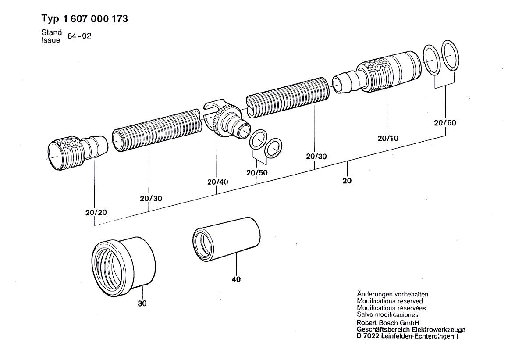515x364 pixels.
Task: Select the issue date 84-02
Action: click(79, 36)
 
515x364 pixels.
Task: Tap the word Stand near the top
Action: click(51, 32)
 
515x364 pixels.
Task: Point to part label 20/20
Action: click(96, 212)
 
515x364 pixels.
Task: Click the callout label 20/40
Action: click(218, 182)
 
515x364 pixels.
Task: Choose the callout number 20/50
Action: click(257, 173)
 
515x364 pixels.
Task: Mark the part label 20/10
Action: click(387, 139)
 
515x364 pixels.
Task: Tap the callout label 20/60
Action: click(445, 123)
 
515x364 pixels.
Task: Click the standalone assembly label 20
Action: click(347, 180)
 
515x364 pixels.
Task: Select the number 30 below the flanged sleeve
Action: click(142, 304)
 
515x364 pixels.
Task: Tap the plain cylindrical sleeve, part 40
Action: click(226, 239)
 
